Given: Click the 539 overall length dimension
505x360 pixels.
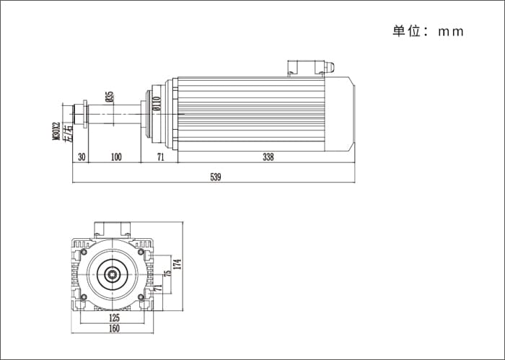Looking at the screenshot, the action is pyautogui.click(x=216, y=177).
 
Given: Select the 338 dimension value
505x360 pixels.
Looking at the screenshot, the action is pyautogui.click(x=268, y=157).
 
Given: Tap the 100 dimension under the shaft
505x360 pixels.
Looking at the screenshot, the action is pyautogui.click(x=116, y=157).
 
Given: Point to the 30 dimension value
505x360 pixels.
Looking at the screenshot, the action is pyautogui.click(x=82, y=157).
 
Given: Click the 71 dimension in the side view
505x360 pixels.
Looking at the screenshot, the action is pyautogui.click(x=160, y=157).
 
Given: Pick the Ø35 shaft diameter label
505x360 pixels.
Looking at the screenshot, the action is pyautogui.click(x=110, y=97).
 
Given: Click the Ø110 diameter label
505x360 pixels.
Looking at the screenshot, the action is pyautogui.click(x=157, y=104).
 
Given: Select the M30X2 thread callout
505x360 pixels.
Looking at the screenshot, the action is pyautogui.click(x=56, y=131).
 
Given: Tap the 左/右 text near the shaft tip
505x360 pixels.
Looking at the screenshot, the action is pyautogui.click(x=69, y=133).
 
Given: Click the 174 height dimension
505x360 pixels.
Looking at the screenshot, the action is pyautogui.click(x=178, y=264).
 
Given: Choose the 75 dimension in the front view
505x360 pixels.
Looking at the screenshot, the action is pyautogui.click(x=167, y=273).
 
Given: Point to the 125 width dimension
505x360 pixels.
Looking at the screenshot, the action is pyautogui.click(x=114, y=318).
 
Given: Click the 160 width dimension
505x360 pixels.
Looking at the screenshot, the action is pyautogui.click(x=114, y=328).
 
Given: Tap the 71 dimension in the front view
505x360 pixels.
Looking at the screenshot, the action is pyautogui.click(x=157, y=288).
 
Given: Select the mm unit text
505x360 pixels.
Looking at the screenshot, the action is pyautogui.click(x=451, y=32).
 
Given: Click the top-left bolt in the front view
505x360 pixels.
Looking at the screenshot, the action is pyautogui.click(x=84, y=252).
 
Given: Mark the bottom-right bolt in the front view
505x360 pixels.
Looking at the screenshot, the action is pyautogui.click(x=141, y=297).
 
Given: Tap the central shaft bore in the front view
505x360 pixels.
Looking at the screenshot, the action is pyautogui.click(x=113, y=275).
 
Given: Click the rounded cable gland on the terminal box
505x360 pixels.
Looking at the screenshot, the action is pyautogui.click(x=329, y=67).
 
